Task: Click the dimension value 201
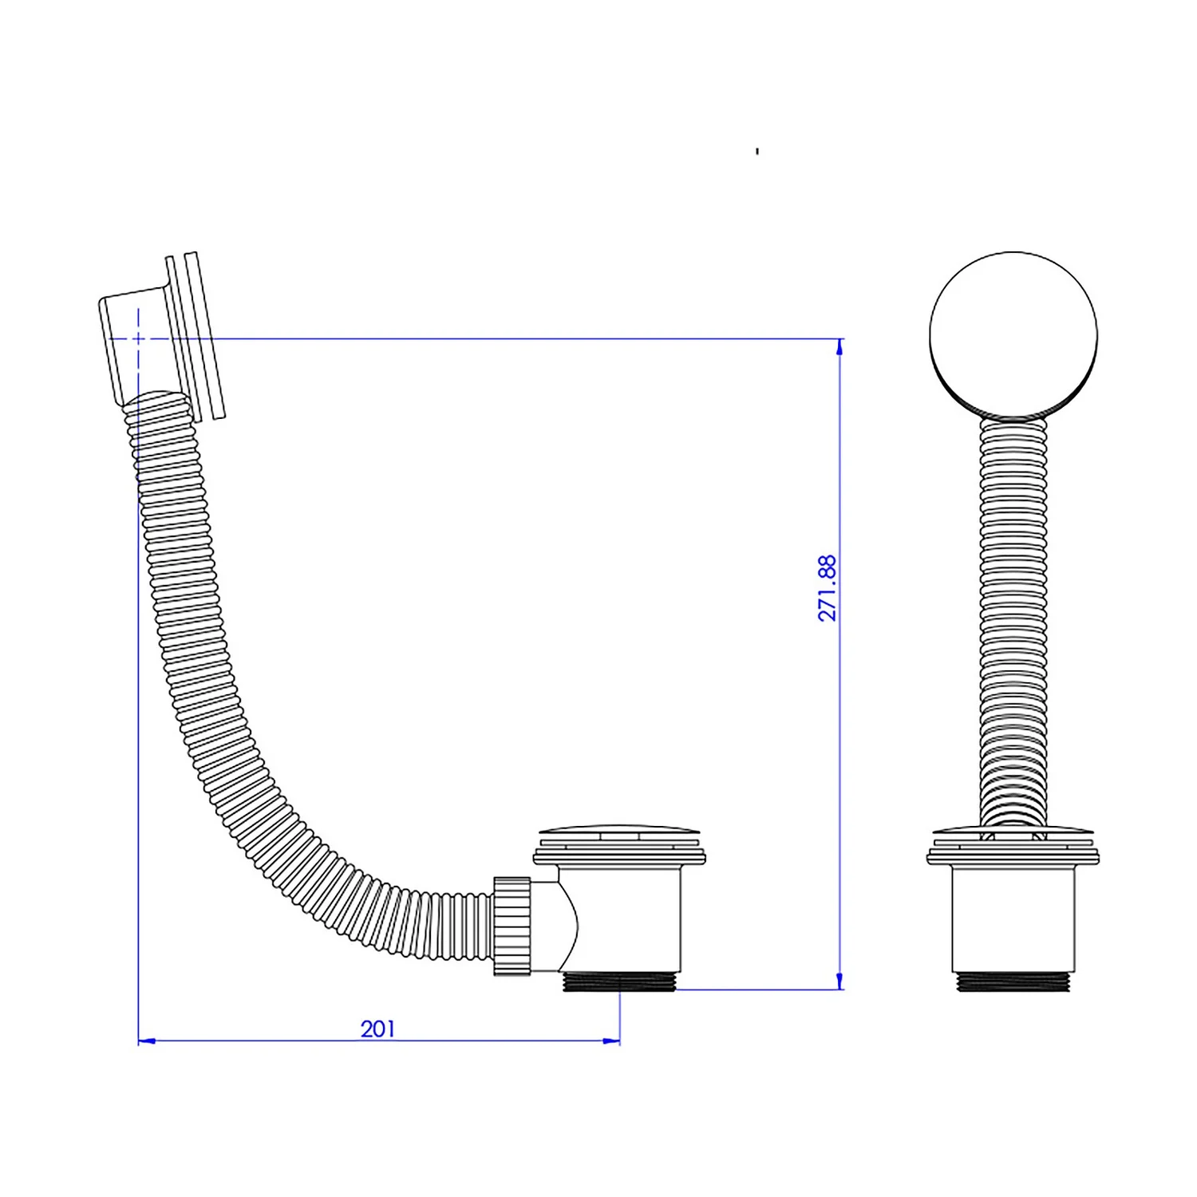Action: (377, 1029)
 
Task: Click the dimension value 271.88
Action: (828, 588)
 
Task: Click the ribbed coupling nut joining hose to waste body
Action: (512, 926)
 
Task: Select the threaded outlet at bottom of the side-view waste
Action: (619, 982)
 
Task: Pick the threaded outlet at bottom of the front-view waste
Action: (1013, 982)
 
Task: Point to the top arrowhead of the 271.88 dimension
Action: (839, 346)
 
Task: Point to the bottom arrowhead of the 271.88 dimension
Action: (839, 981)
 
